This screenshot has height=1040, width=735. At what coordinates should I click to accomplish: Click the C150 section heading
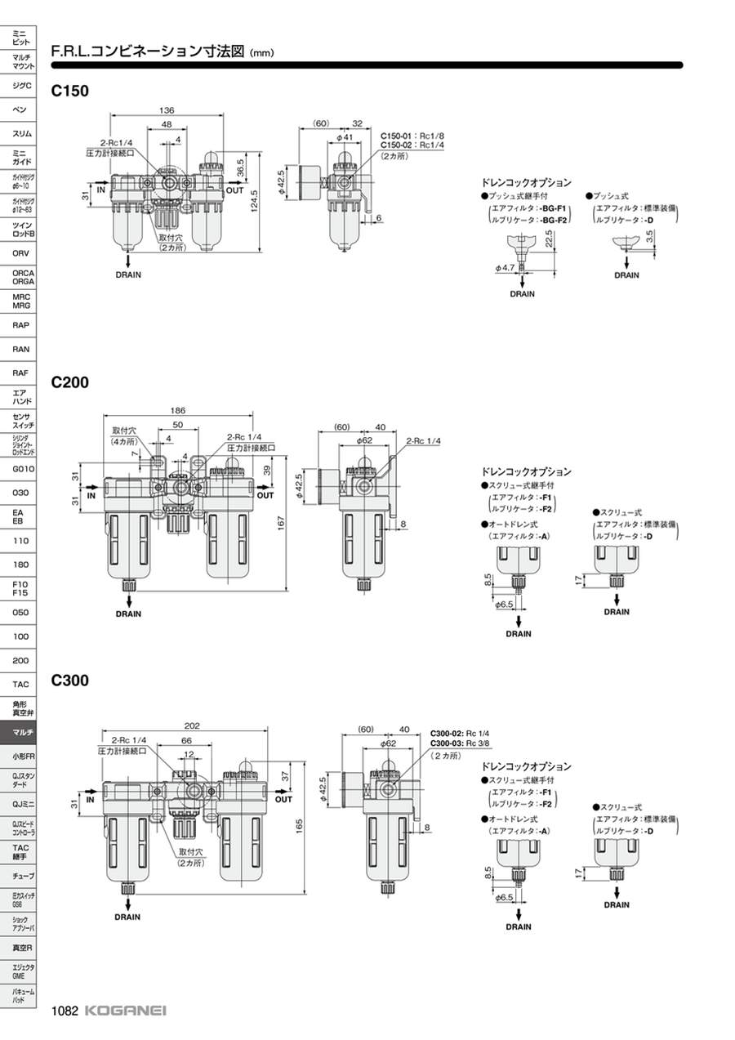click(69, 91)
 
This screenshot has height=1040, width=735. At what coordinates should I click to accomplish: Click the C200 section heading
click(69, 382)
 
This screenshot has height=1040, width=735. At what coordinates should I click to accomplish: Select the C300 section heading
click(69, 680)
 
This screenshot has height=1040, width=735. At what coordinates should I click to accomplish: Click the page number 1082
click(65, 1011)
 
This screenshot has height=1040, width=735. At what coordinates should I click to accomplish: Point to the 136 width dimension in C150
click(166, 110)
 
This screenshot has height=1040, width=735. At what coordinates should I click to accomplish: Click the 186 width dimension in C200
click(178, 410)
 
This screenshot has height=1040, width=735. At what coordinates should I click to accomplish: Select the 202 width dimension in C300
click(192, 725)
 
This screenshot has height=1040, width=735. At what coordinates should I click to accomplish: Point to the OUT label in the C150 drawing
click(235, 190)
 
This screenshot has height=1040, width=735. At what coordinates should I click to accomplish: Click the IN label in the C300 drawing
click(90, 799)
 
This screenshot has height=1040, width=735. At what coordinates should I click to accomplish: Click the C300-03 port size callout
click(460, 743)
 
